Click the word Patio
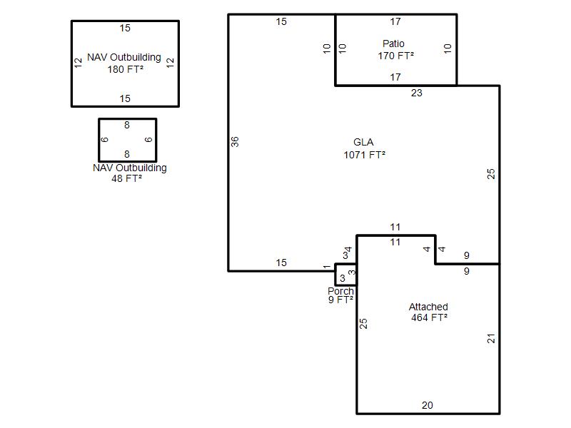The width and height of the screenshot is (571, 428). click(393, 44)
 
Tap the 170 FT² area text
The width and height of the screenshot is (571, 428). click(396, 56)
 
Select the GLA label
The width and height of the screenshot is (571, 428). click(363, 142)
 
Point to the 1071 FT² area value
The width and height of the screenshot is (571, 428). click(365, 155)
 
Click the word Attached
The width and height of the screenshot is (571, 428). click(428, 307)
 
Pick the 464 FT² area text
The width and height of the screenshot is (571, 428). click(430, 317)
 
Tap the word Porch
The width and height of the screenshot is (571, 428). click(341, 291)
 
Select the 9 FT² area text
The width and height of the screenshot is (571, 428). click(341, 300)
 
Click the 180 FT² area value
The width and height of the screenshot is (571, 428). click(126, 69)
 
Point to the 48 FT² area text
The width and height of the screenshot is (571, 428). click(127, 178)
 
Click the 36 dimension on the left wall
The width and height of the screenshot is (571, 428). click(235, 141)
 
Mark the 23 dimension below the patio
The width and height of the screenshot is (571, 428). click(417, 93)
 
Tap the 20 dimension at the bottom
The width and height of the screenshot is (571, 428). click(428, 405)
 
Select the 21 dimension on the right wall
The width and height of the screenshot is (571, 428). click(491, 338)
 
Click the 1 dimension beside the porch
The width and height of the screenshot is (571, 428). click(327, 267)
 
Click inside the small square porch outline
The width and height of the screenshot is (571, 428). click(345, 275)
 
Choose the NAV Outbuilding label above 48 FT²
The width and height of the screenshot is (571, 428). click(130, 168)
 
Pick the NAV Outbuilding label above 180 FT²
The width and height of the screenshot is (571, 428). click(123, 57)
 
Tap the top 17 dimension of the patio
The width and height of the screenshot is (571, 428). click(395, 22)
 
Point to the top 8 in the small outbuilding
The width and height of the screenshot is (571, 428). click(127, 126)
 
